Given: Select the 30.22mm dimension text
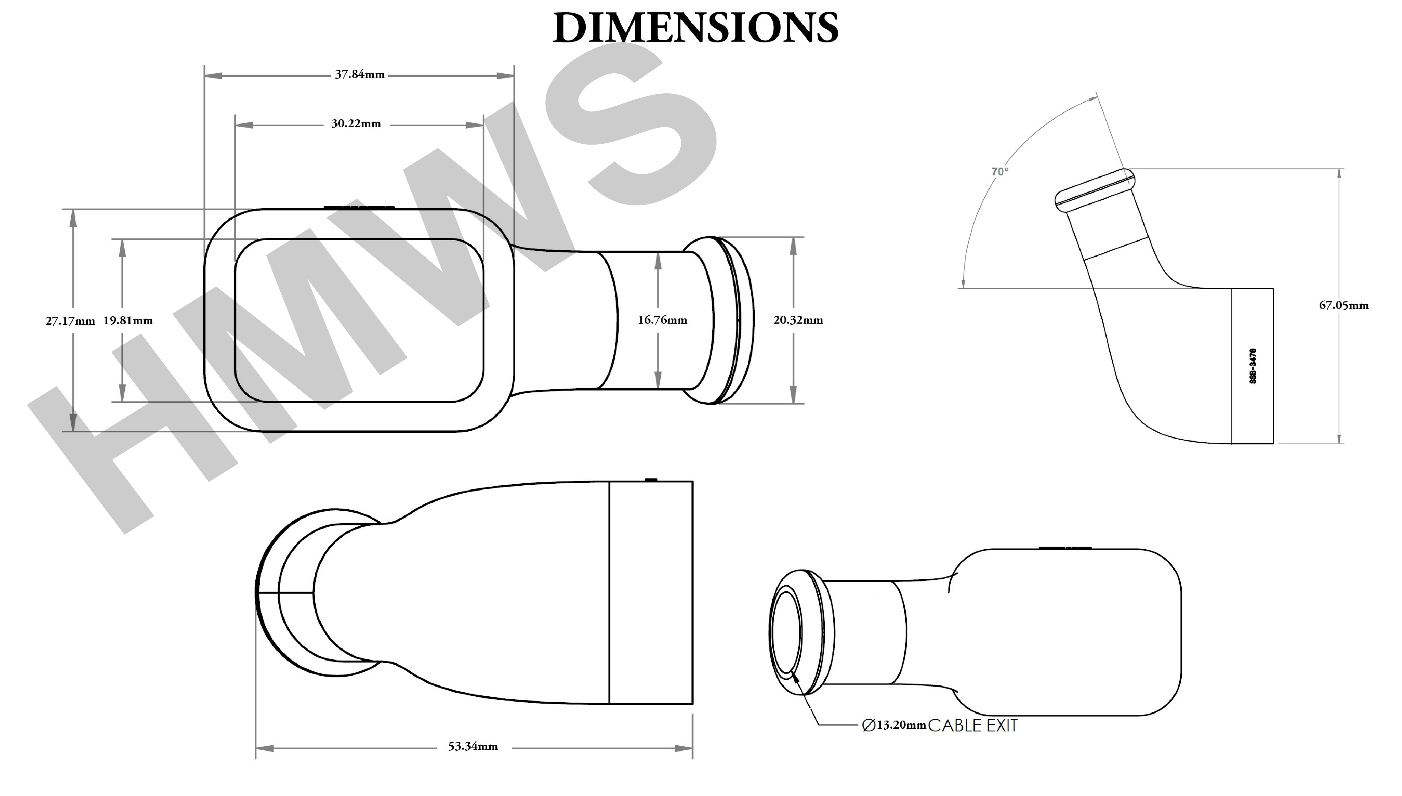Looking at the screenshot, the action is (x=356, y=124).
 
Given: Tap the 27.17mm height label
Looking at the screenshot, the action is (x=70, y=321).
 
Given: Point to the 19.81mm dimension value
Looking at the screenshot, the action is (x=128, y=320).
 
